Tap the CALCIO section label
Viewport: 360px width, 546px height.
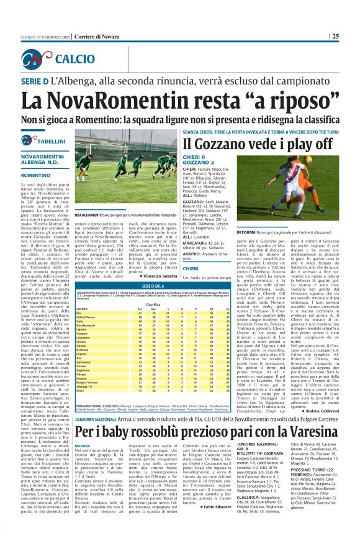74,59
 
